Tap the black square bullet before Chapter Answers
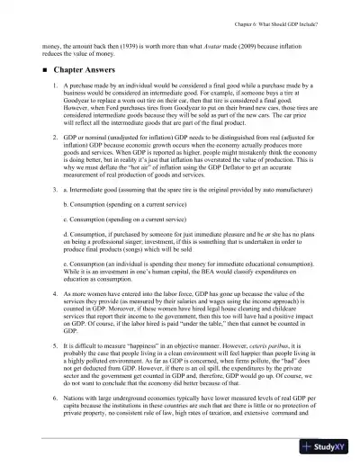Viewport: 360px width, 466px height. (43, 68)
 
